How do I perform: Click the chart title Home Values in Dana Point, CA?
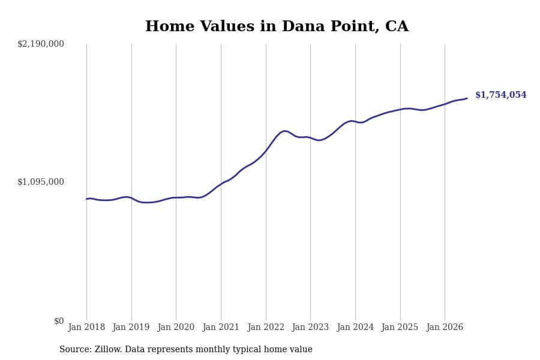[277, 26]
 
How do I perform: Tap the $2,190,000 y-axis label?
[41, 44]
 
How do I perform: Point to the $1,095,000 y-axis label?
[41, 182]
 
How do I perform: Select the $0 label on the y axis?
[59, 321]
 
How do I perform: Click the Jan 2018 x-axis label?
[86, 327]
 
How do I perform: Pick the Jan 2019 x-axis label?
[131, 327]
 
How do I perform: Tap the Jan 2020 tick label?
[176, 327]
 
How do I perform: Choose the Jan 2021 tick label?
[221, 327]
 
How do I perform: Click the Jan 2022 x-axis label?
[266, 327]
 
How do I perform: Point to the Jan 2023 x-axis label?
[310, 327]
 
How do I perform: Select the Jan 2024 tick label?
[355, 327]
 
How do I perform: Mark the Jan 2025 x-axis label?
[400, 327]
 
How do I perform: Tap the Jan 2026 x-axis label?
[445, 327]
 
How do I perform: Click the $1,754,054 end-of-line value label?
[501, 95]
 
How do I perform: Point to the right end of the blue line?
[467, 98]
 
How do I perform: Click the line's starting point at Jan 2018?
[86, 199]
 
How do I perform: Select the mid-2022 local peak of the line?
[284, 131]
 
